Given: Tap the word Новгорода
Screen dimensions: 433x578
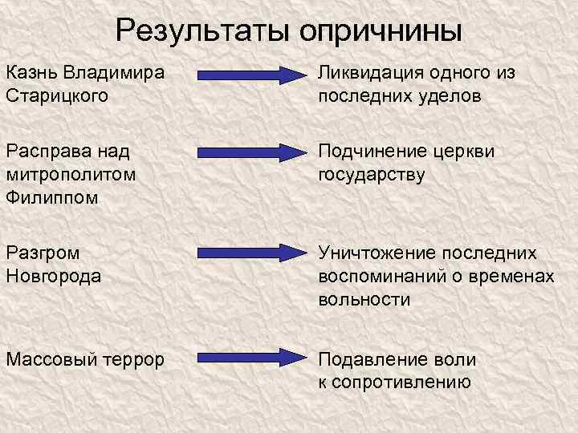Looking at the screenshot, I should [x=53, y=276].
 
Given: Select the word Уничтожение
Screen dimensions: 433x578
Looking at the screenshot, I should [x=379, y=253].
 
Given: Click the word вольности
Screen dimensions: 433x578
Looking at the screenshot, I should [x=364, y=299].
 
